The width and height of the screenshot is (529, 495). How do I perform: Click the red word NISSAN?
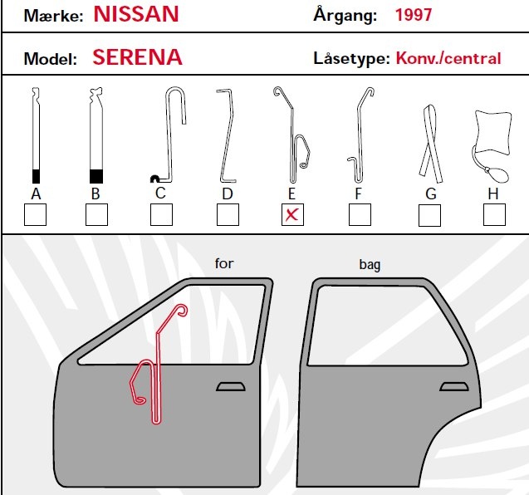pos(136,14)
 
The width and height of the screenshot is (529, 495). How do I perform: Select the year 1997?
pos(414,15)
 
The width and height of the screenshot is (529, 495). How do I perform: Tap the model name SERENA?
pos(137,57)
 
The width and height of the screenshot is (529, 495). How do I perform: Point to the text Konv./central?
pos(448,58)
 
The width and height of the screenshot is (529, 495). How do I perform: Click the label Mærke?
pos(53,16)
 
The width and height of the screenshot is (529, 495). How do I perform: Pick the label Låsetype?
pos(351,58)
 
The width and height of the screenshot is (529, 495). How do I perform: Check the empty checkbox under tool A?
pos(35,214)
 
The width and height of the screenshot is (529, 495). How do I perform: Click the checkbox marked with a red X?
pos(292,214)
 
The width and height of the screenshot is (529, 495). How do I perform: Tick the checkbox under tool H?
pos(494,214)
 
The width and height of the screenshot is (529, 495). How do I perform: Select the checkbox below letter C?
pos(161,214)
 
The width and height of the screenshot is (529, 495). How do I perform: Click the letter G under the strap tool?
pos(431,194)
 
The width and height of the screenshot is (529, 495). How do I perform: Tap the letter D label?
pos(228,194)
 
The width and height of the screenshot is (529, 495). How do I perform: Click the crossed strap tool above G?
pos(429,145)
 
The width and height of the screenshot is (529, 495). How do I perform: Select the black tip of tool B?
pos(96,176)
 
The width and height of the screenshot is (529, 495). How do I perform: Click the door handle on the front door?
pos(230,387)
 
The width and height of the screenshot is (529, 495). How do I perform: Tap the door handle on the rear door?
pos(453,387)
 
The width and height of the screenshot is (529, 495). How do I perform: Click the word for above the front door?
pos(224,263)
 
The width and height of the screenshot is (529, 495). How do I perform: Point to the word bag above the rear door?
pos(370,265)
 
